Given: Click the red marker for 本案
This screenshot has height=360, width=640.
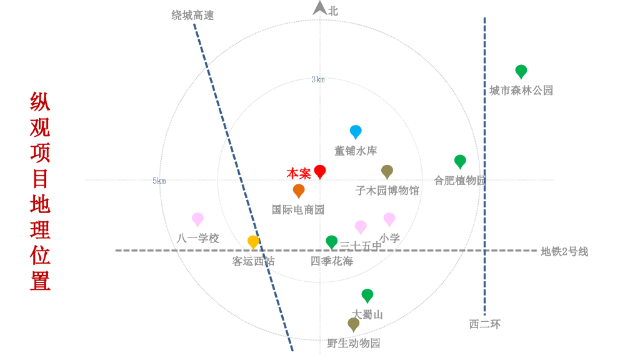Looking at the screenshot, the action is pos(320,171).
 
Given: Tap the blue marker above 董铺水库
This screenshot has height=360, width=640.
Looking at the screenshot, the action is pos(356,131).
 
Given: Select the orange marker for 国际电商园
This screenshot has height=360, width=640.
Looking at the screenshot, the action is pos(299,190).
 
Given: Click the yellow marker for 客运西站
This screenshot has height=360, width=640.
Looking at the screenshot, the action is pos(253,241).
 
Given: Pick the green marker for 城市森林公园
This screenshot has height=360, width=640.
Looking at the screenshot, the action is pos(521,71).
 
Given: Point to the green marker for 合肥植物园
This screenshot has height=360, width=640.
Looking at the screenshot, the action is pos(460,161).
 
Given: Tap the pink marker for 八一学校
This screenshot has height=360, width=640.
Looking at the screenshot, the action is pos(197,219).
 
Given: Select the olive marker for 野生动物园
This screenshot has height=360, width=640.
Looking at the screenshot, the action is pos(354,324).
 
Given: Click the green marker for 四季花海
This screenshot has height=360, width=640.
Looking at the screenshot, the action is pos(332,241).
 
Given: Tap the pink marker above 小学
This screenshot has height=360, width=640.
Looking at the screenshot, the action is pos(389,219).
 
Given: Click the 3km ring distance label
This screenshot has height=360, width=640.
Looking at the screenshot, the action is pos(318,79).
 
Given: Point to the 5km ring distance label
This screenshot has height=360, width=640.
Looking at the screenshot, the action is pos(159,181).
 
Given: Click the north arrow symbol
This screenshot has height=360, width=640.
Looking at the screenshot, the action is pos(319,8).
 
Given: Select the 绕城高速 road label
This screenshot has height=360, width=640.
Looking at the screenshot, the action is pos(192,16).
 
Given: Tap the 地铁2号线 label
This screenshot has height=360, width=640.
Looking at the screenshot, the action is pos(564,252).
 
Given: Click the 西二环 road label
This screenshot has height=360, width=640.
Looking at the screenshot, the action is pos(484,324).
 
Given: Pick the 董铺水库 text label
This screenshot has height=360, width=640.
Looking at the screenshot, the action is pos(356,151).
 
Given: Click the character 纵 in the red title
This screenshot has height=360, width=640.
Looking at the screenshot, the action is pos(40,102).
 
